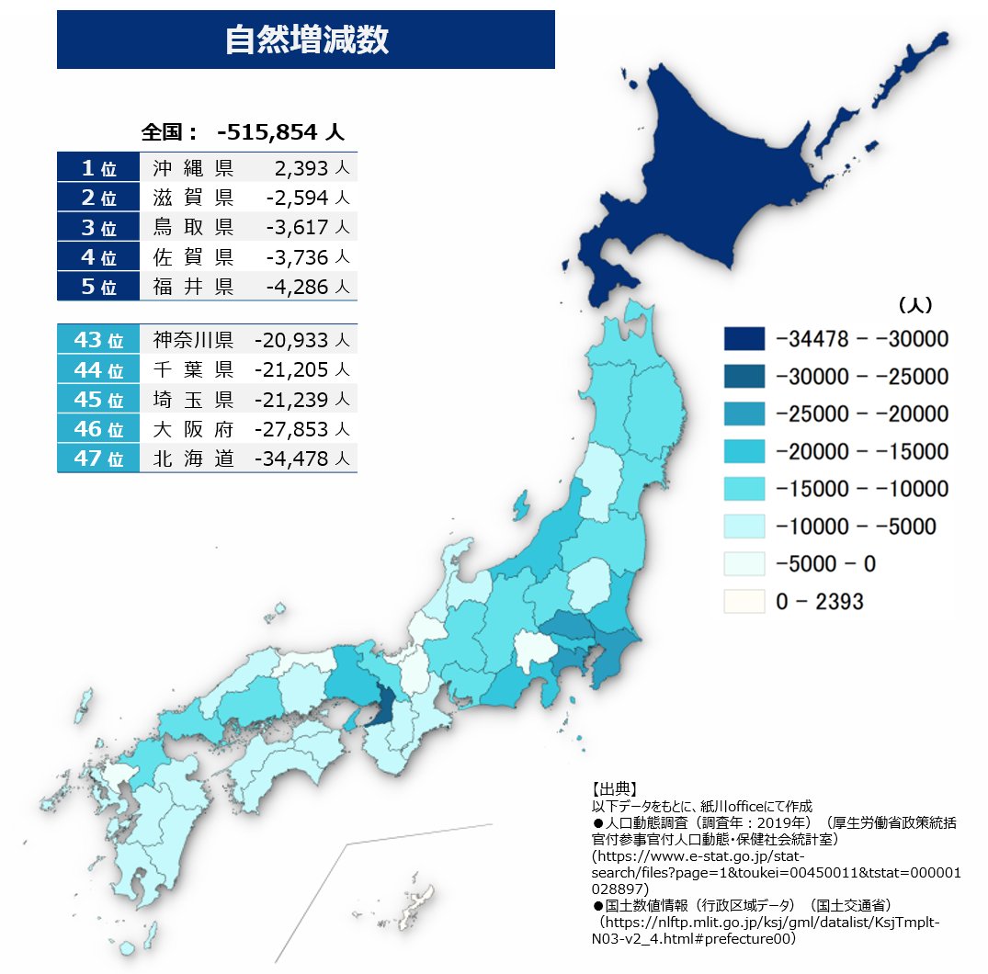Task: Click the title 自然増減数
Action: click(306, 40)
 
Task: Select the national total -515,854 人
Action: click(280, 132)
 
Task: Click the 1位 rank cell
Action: click(98, 168)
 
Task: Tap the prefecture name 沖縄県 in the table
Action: click(194, 168)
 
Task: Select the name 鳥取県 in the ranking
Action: click(194, 227)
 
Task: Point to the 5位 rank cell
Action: click(98, 286)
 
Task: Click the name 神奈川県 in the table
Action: click(194, 340)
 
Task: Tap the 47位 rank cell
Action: click(98, 458)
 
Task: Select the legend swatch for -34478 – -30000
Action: click(744, 339)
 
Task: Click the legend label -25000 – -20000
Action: click(862, 413)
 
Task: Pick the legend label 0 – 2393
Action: click(820, 602)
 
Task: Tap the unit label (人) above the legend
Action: click(914, 304)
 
